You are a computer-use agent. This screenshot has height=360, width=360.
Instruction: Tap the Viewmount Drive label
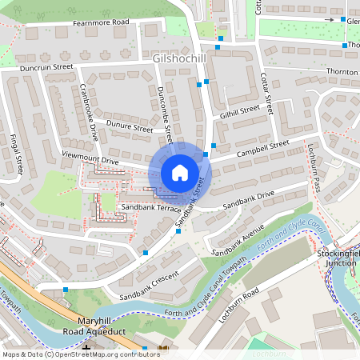coord(90,160)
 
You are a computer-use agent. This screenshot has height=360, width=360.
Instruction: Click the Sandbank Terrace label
coord(148,207)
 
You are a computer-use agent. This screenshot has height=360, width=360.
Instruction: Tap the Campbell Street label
coord(262,148)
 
